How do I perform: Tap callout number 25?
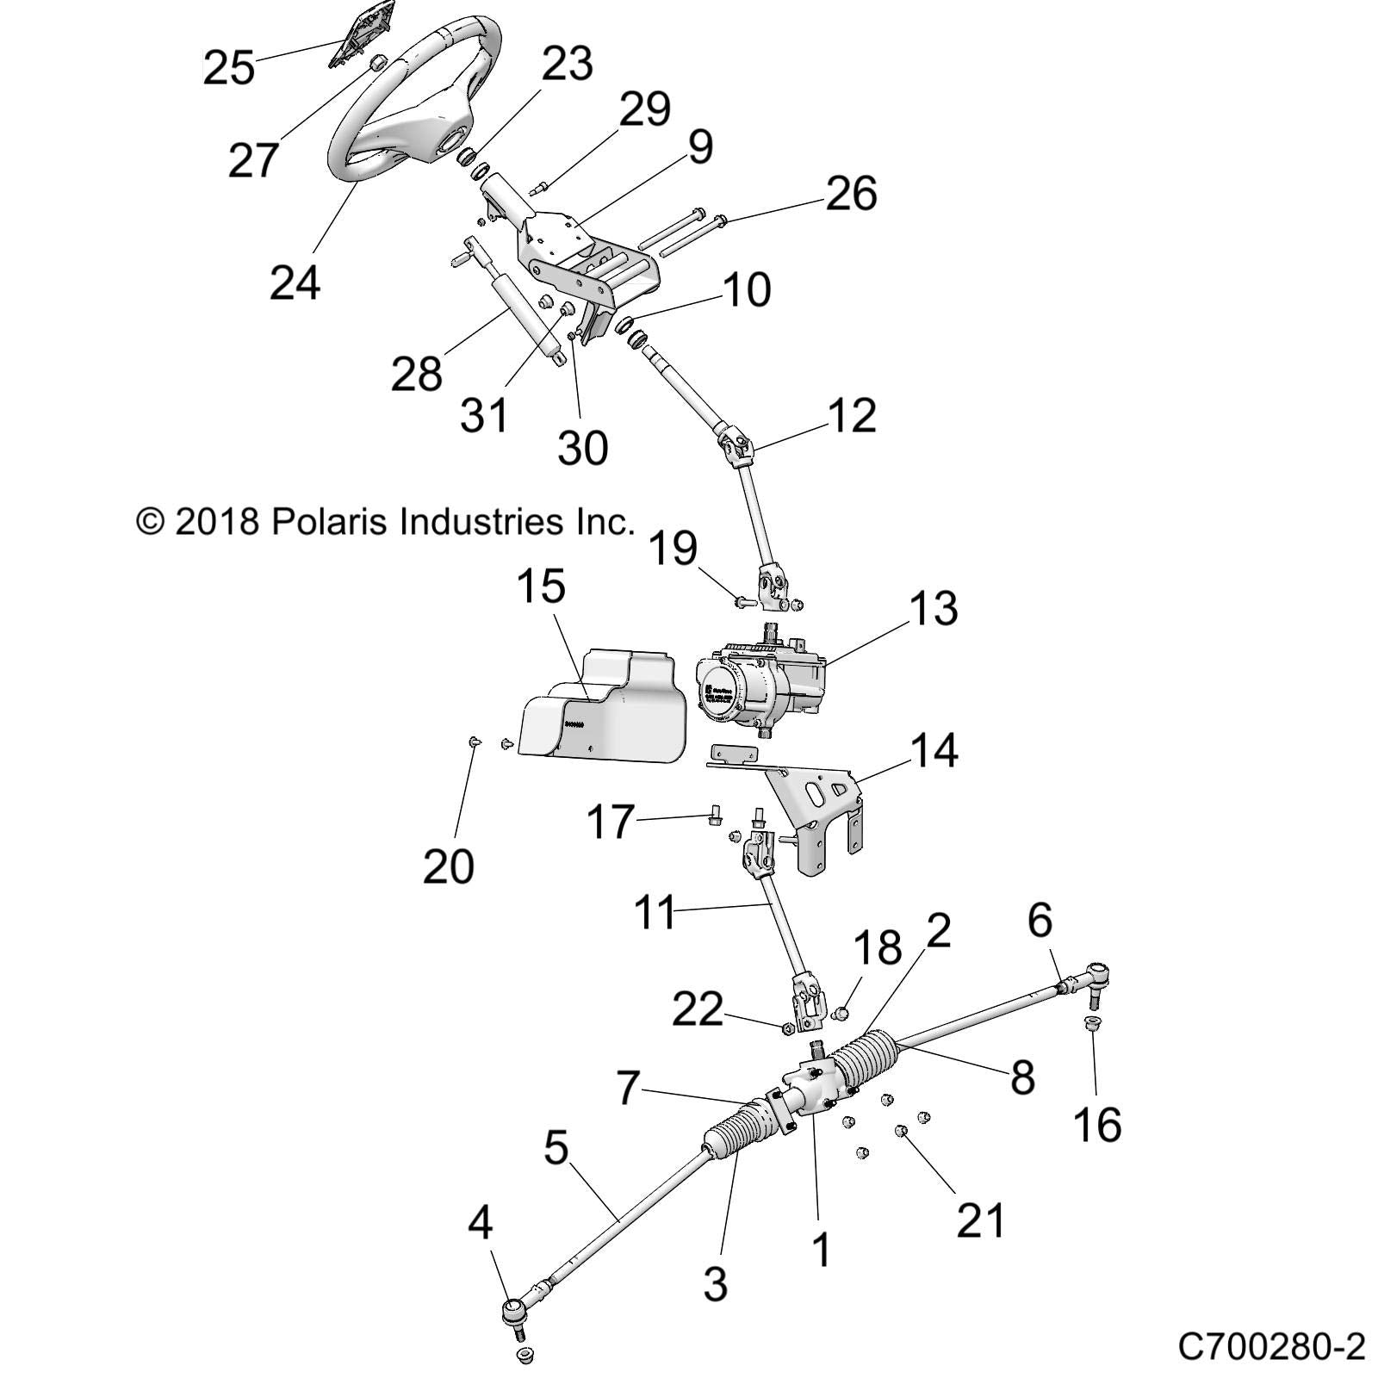(229, 67)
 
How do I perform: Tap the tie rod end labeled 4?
(514, 1336)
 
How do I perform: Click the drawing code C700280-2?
(1271, 1345)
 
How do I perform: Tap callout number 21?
(982, 1220)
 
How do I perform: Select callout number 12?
(851, 415)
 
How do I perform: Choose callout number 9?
(701, 147)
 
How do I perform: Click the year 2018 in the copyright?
(217, 521)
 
